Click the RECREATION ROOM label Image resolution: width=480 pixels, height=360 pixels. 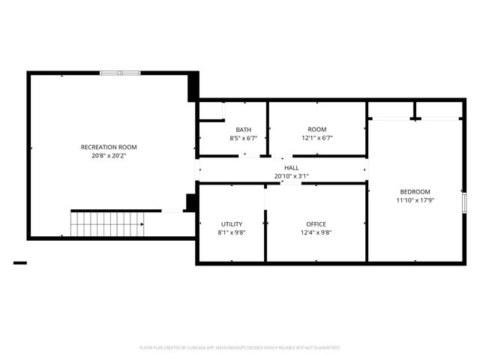tap(109, 147)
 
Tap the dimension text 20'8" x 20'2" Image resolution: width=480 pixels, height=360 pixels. tap(109, 156)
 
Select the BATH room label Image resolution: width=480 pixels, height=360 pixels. tap(243, 130)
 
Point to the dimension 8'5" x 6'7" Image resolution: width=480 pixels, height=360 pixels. tap(243, 138)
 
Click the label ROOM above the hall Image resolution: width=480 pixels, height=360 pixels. tap(317, 130)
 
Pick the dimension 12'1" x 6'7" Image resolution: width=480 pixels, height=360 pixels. tap(317, 138)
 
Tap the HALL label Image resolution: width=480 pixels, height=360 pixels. tap(292, 168)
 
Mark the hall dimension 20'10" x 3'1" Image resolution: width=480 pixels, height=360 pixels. tap(292, 176)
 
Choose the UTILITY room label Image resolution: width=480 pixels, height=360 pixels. tap(232, 224)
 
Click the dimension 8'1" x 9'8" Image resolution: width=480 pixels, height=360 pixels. tap(232, 232)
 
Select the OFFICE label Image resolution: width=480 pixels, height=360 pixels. tap(316, 224)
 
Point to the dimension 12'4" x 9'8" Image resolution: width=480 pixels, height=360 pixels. tap(316, 232)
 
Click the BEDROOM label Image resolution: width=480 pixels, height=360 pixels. tap(414, 191)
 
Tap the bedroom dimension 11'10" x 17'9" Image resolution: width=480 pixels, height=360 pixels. tap(414, 200)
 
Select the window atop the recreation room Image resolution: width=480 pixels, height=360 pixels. tap(120, 73)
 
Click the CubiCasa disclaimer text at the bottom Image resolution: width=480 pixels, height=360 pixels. tap(240, 348)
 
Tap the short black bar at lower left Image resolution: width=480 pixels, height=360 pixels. tap(20, 262)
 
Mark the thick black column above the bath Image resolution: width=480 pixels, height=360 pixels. tap(193, 86)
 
